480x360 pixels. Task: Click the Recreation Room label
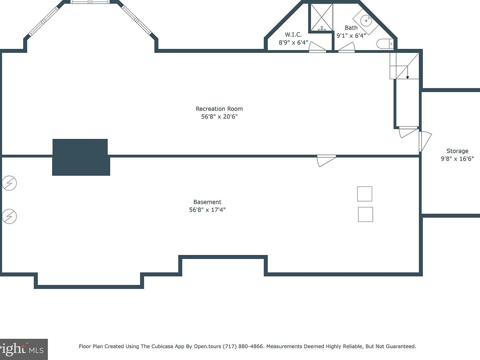click(x=219, y=109)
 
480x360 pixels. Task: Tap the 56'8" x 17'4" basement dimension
click(x=207, y=210)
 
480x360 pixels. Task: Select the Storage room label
click(x=457, y=151)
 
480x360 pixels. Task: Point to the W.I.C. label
click(x=293, y=35)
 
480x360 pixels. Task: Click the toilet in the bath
click(x=385, y=44)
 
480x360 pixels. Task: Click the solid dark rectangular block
click(x=81, y=157)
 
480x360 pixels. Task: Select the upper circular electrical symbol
click(x=9, y=183)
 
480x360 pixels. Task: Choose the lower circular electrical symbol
click(x=9, y=216)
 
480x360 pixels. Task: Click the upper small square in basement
click(x=365, y=194)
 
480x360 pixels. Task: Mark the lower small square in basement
click(x=365, y=214)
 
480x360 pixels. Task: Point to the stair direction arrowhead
click(x=407, y=77)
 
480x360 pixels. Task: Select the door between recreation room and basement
click(x=326, y=161)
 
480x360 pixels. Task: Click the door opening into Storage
click(x=425, y=141)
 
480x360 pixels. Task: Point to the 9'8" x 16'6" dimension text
click(x=457, y=159)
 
